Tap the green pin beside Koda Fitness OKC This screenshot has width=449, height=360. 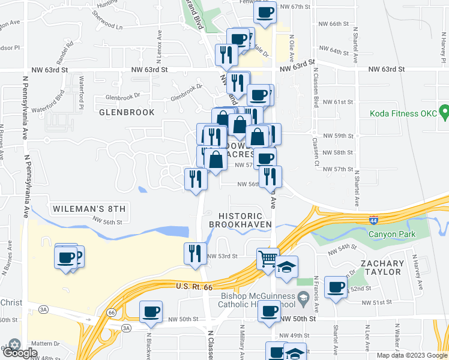[444, 112]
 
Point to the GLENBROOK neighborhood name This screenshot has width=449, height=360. [127, 112]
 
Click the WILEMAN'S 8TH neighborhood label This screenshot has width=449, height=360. [88, 209]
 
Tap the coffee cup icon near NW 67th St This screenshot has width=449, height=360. [265, 12]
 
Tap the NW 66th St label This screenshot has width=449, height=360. [334, 23]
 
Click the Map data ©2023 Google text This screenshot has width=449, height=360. [411, 355]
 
